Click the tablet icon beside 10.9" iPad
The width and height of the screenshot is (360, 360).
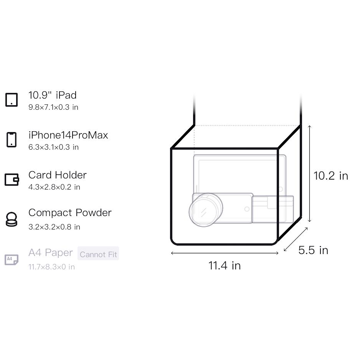(x=12, y=100)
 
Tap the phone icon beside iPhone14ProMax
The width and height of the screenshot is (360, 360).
(x=12, y=140)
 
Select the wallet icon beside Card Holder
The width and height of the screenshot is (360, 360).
(x=12, y=179)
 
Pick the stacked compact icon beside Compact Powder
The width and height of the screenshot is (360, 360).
(x=12, y=219)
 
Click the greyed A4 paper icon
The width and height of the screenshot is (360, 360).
(x=12, y=260)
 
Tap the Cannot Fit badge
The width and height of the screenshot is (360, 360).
(x=98, y=254)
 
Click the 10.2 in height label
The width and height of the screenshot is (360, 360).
(x=331, y=176)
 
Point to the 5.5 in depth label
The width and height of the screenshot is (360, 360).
(x=313, y=250)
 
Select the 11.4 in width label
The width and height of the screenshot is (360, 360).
(x=225, y=266)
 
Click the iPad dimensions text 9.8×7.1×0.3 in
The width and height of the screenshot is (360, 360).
(x=53, y=107)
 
